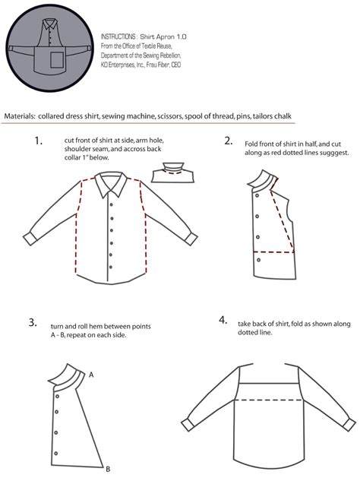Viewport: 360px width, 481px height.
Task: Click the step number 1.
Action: click(x=38, y=141)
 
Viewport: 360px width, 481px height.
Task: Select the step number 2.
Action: click(x=228, y=141)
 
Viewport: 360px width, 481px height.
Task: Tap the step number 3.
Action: click(x=33, y=322)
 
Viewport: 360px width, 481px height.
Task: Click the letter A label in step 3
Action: click(x=91, y=375)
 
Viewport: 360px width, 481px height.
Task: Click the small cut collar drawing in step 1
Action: click(x=174, y=173)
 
